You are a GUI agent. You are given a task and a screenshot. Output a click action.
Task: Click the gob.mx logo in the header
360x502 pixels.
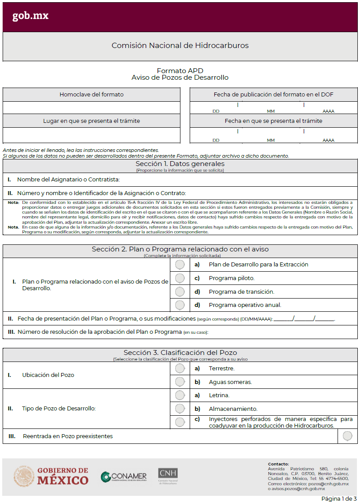coord(30,16)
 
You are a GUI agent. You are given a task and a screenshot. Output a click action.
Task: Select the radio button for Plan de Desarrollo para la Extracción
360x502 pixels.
coord(180,265)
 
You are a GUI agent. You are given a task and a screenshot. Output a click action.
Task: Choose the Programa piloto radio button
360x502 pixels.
coord(180,278)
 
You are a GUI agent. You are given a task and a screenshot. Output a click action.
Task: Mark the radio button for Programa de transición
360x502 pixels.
coord(180,292)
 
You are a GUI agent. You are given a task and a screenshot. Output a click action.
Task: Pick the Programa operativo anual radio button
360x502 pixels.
coord(180,305)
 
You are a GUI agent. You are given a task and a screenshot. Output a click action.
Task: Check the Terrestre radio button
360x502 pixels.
coord(180,368)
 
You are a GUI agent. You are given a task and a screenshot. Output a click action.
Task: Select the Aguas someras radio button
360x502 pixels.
coord(180,382)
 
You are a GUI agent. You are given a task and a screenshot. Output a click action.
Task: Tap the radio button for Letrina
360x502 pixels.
coord(180,395)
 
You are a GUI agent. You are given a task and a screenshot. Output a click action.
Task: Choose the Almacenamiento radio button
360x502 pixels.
coord(180,409)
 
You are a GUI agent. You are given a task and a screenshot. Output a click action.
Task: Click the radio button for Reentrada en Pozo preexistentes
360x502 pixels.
coord(347,436)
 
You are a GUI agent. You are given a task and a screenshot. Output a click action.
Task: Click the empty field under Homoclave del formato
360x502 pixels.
coord(91,107)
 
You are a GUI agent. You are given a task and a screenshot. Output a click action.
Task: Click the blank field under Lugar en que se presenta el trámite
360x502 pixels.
coord(91,134)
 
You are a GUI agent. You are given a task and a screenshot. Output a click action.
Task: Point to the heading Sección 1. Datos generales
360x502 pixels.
coord(180,164)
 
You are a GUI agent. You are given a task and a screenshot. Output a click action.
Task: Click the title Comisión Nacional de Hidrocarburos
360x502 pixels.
coord(180,45)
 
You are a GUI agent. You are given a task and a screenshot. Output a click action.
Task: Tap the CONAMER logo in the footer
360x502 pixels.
coord(124,476)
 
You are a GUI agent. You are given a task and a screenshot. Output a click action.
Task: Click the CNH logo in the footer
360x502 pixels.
coord(168,476)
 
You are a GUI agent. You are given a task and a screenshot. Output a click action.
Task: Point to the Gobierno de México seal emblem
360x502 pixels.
coord(24,476)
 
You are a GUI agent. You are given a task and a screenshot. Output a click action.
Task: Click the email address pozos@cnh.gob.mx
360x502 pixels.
coord(328,484)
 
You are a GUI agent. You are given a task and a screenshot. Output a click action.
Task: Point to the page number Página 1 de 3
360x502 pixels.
coord(339,498)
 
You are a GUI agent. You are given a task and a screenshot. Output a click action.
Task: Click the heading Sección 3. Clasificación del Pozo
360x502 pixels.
coord(180,352)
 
